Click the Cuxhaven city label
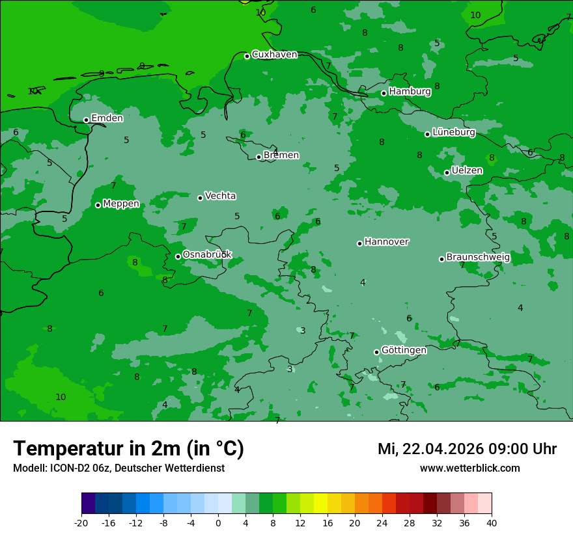[274, 55]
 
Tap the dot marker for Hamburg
[384, 93]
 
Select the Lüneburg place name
[453, 132]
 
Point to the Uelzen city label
[467, 170]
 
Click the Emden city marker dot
[86, 120]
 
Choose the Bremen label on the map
[281, 155]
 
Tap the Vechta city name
[220, 196]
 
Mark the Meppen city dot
[98, 205]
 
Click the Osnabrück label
[207, 254]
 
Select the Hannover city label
[386, 242]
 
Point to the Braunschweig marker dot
[441, 259]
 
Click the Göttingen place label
[404, 350]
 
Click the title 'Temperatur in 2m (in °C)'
[128, 448]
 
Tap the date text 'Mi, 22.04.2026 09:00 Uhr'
[467, 449]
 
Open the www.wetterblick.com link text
[469, 468]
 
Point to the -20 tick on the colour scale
[81, 522]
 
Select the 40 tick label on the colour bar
[491, 522]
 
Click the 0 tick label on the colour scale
[218, 522]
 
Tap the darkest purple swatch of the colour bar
[88, 504]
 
